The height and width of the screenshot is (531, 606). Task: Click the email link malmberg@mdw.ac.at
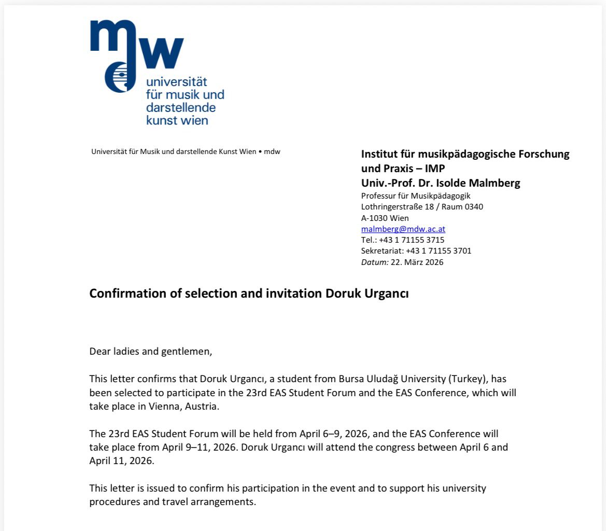[403, 229]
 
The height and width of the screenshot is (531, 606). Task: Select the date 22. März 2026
[417, 262]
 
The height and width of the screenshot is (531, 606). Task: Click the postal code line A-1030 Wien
[385, 218]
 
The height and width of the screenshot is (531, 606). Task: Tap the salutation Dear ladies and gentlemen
[151, 352]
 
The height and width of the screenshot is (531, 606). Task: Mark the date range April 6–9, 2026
[331, 434]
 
